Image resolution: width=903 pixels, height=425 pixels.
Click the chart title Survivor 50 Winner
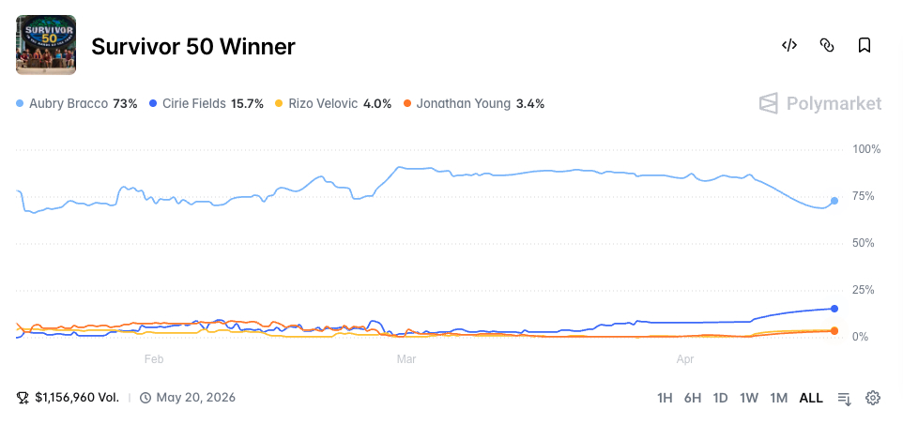coord(193,47)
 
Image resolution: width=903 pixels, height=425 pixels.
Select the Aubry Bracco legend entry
coord(77,103)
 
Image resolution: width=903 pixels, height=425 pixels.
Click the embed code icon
coord(789,45)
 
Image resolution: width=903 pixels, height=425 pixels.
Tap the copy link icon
coord(827,45)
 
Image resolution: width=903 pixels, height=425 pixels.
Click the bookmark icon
coord(865,45)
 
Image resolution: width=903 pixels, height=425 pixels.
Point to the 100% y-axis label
coord(866,149)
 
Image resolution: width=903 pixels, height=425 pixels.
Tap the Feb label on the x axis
coord(154,359)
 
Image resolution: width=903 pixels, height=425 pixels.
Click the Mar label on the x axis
coord(406,359)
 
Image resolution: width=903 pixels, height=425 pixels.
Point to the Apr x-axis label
coord(685,359)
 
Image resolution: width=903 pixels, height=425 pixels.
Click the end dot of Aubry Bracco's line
coord(834,201)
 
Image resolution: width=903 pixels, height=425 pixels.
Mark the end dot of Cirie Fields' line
coord(834,309)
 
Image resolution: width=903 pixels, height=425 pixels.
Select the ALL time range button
coord(811,398)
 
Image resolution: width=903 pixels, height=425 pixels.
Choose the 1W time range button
coord(749,398)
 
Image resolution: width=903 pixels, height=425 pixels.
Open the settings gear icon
coord(873,398)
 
